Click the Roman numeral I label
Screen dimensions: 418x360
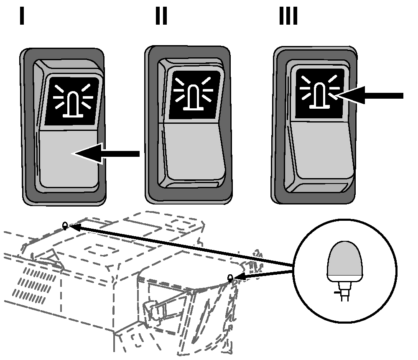pos(22,16)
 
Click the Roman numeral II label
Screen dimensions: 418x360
pos(161,16)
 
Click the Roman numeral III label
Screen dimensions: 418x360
pos(288,16)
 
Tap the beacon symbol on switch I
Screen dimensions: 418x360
pos(73,101)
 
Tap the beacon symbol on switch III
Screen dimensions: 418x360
pos(320,92)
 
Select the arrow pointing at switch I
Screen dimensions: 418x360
pos(106,153)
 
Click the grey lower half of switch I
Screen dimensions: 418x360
pos(69,159)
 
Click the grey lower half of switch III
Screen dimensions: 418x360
pos(322,150)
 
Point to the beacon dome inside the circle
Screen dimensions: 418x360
pos(345,261)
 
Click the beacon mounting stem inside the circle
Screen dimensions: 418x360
pos(345,291)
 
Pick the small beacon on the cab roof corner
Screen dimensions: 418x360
pos(230,278)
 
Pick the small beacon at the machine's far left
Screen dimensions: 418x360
pos(65,226)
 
